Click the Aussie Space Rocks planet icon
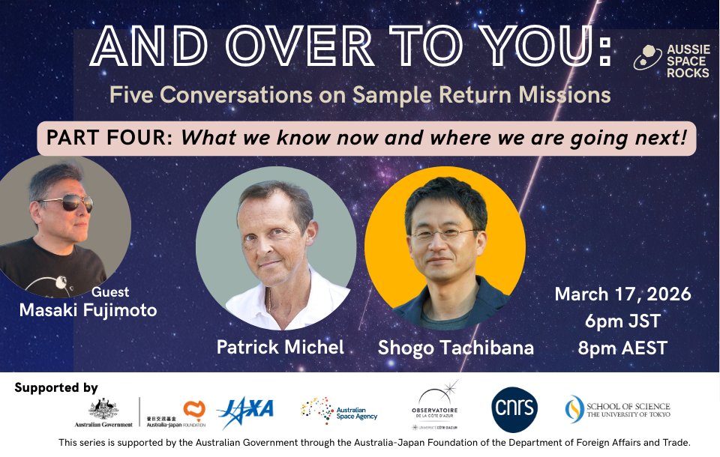644,58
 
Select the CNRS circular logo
514,410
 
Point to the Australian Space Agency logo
339,411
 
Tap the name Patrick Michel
280,347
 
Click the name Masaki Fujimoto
88,309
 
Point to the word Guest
110,292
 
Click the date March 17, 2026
622,294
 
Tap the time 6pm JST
623,322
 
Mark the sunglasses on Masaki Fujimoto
67,203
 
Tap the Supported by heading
56,387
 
